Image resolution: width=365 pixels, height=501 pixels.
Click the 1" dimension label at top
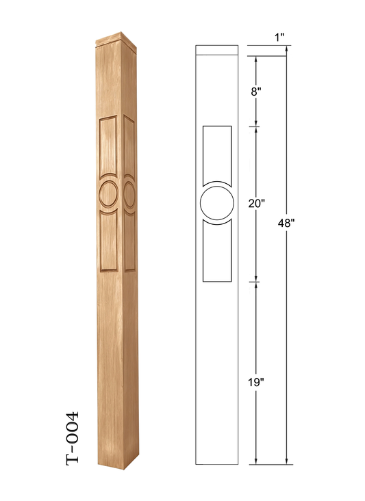point(281,38)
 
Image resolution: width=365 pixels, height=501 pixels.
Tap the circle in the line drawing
point(218,204)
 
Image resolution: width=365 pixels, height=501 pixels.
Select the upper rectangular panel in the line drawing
point(218,152)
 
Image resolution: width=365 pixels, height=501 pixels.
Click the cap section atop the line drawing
point(217,51)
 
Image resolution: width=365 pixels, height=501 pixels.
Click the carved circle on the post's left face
point(108,193)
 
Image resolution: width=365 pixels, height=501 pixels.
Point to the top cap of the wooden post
point(115,38)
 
